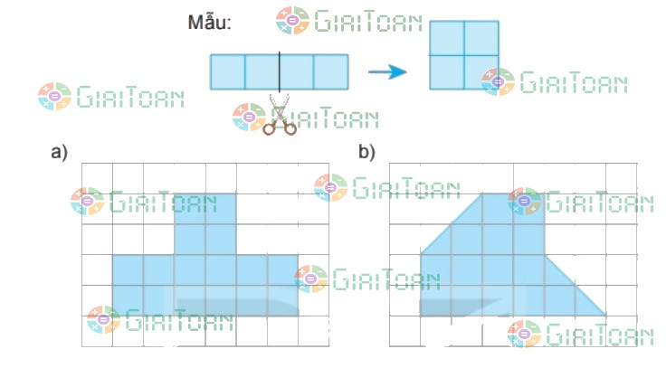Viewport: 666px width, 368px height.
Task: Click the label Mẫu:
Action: [210, 23]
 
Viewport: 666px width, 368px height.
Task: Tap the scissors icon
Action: [280, 118]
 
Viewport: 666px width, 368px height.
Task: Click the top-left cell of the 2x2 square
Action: [447, 38]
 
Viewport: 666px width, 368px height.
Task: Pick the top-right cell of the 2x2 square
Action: [481, 38]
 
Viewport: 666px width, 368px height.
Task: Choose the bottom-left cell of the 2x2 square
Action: [447, 72]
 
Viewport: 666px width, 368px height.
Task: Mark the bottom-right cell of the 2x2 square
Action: [481, 72]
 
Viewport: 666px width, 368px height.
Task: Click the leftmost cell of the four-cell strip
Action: [228, 71]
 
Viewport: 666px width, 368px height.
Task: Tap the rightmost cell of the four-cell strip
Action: [330, 71]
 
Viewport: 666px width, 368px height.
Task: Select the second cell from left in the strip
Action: [262, 71]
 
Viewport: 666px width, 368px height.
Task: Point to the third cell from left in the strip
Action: [297, 71]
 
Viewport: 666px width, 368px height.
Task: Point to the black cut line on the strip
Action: [280, 71]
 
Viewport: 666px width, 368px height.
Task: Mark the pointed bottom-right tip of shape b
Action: [604, 315]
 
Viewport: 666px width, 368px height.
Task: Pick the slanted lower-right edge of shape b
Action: [576, 285]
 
